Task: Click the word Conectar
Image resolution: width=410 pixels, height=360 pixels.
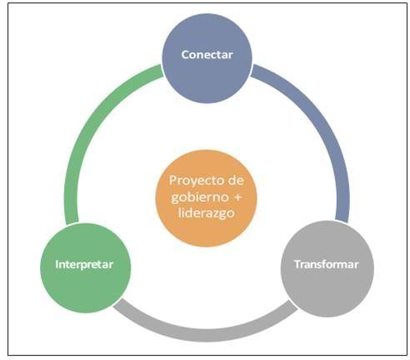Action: (207, 54)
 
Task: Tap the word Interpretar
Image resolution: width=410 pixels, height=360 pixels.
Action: (84, 264)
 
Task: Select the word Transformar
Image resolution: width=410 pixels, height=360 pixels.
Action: (327, 264)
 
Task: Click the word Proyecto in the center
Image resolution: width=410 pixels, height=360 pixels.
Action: (194, 181)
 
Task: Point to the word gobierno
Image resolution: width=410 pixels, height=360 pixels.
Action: (200, 197)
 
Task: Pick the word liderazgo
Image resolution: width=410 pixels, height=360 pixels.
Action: (207, 214)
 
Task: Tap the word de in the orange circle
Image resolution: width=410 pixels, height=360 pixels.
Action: (236, 181)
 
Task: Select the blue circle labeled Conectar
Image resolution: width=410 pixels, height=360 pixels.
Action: (207, 58)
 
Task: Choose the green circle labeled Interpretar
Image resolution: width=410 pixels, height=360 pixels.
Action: (85, 268)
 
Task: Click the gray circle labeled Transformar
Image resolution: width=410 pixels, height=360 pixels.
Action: (327, 269)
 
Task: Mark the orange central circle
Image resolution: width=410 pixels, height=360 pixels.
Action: (207, 198)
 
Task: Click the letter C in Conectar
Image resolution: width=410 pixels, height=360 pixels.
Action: (185, 55)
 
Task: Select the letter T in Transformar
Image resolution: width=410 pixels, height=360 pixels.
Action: (297, 264)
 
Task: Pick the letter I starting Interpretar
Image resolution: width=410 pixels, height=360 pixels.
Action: (57, 264)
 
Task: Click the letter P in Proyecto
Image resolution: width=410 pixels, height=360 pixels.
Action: (172, 181)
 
